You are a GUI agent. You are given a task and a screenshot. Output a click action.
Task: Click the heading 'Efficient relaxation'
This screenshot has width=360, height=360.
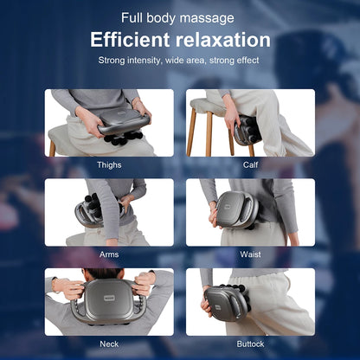click(x=181, y=40)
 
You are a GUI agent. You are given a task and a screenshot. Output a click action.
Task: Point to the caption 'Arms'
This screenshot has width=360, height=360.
click(x=109, y=254)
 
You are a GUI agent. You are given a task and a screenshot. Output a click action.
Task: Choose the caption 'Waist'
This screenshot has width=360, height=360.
click(x=251, y=254)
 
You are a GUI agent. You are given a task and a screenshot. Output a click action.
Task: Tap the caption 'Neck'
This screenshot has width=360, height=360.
click(x=109, y=343)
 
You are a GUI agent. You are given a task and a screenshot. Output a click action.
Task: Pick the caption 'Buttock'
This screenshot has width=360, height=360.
click(x=251, y=343)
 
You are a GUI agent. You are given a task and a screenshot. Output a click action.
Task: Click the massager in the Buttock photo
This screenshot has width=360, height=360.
click(x=227, y=303)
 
